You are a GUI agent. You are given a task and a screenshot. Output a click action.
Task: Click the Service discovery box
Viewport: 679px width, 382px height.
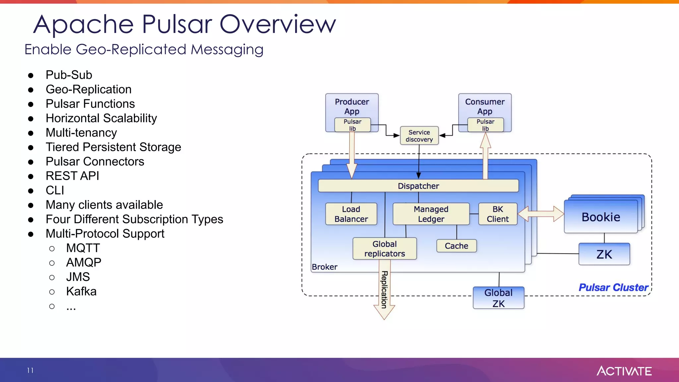coord(419,136)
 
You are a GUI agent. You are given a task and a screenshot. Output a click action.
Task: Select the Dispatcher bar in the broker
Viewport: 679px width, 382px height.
coord(418,186)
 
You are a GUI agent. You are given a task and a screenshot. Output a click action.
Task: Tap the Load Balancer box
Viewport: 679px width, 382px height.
coord(351,214)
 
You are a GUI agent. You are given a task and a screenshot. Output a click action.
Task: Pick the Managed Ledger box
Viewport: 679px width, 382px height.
coord(431,214)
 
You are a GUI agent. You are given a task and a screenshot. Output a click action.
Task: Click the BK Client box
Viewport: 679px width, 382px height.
coord(498,214)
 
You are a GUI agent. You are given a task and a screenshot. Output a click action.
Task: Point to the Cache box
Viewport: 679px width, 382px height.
coord(456,246)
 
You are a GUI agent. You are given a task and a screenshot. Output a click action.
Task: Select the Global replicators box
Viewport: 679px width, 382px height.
coord(384,248)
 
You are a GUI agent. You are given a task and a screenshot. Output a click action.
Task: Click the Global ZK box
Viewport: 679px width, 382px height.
coord(498,298)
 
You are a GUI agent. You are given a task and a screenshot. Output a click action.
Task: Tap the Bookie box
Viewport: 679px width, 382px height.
coord(600,217)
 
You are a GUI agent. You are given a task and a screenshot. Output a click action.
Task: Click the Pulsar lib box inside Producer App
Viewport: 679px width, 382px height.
coord(352,125)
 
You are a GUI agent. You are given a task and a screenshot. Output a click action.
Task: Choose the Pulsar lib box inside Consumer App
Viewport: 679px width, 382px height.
coord(485,125)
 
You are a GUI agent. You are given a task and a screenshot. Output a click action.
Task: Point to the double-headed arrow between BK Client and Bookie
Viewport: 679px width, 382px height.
coord(540,214)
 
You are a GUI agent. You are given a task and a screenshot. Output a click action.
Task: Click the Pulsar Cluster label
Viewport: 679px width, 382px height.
coord(613,287)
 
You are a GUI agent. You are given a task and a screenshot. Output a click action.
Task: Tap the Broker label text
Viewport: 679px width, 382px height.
coord(324,267)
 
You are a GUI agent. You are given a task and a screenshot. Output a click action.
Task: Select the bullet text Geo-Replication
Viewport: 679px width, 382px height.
coord(89,89)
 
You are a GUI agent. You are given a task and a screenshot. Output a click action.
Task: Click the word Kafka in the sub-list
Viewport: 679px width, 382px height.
coord(81,291)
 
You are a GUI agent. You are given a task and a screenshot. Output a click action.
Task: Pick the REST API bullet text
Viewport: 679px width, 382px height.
coord(72,176)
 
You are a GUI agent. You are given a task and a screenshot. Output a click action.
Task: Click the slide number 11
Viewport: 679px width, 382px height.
coord(30,370)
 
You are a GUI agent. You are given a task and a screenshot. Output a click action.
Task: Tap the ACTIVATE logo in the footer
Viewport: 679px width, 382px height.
coord(624,371)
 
